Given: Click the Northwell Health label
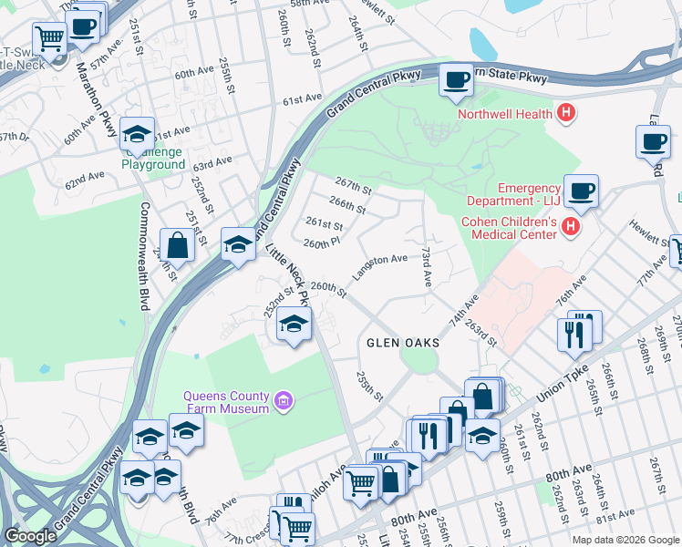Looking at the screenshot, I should [x=504, y=114].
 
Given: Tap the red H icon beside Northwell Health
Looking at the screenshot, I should [x=566, y=114].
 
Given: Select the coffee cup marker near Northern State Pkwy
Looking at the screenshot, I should [x=455, y=80].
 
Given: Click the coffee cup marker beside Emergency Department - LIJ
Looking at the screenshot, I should [x=581, y=191].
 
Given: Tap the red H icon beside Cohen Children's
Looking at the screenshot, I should [x=572, y=225].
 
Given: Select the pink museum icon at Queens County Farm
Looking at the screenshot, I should [x=284, y=400].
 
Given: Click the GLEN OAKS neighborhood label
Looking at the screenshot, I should [x=403, y=343].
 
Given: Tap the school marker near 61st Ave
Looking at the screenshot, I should [x=137, y=136].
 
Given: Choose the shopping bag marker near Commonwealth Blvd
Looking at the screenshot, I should [x=178, y=244].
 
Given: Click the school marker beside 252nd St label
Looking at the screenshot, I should [x=294, y=325].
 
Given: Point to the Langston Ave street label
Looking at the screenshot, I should [x=380, y=264].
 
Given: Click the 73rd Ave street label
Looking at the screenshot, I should [x=426, y=265].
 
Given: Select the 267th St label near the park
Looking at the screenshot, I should [x=355, y=187].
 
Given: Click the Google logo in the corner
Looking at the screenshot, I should [x=30, y=536].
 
